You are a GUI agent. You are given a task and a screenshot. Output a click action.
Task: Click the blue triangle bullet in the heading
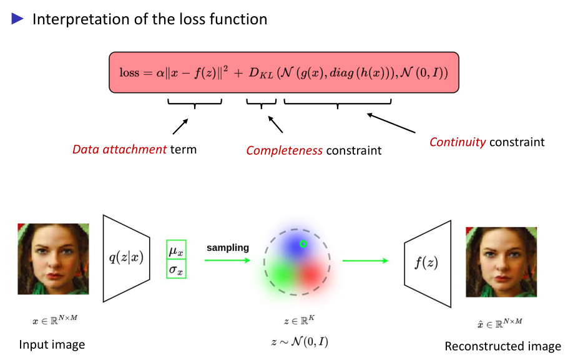coord(17,19)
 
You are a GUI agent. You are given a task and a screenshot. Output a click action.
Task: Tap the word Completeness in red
coord(284,150)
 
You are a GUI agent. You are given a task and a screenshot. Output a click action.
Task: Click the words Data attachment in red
coord(120,150)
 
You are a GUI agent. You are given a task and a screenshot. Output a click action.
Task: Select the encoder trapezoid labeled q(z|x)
coord(127,256)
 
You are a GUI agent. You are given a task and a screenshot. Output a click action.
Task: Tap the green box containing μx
coord(176,251)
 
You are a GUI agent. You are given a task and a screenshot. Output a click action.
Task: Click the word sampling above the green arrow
coord(228,248)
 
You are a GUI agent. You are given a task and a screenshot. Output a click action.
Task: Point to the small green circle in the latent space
coord(303,244)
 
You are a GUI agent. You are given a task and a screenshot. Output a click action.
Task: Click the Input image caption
coord(52,344)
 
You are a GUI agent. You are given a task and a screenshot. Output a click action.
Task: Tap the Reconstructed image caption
coord(502,346)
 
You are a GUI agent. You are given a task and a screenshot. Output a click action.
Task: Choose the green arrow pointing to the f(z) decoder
coord(365,260)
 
